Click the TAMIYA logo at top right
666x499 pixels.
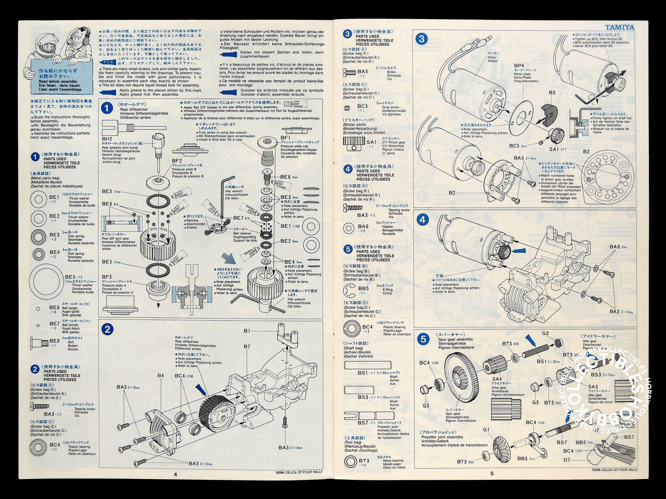click(x=619, y=27)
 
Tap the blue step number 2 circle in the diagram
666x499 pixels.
click(x=107, y=329)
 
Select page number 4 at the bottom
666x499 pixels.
click(x=175, y=474)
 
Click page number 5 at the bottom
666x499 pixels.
click(x=492, y=474)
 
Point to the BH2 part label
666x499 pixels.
click(x=107, y=139)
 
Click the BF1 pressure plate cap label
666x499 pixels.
click(x=285, y=138)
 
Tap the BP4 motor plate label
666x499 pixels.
click(x=519, y=66)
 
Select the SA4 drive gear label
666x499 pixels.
click(x=497, y=379)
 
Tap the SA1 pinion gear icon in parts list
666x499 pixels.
click(x=353, y=143)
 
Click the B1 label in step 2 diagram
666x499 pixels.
click(x=247, y=331)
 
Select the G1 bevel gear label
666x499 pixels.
click(x=486, y=430)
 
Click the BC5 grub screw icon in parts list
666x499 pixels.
click(x=347, y=108)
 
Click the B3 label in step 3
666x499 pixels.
click(x=552, y=93)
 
